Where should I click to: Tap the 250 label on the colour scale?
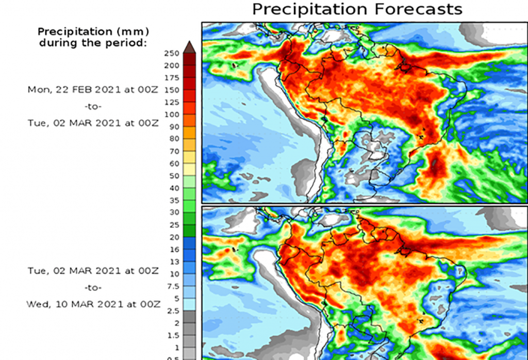coord(172,53)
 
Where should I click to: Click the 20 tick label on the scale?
coord(174,237)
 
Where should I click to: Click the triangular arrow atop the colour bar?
coord(189,46)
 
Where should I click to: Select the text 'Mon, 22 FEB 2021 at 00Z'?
coord(93,89)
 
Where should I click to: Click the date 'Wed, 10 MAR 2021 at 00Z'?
coord(93,304)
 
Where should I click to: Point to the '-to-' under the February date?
coord(93,106)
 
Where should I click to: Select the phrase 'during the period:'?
coord(93,43)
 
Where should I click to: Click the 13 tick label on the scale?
coord(174,261)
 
